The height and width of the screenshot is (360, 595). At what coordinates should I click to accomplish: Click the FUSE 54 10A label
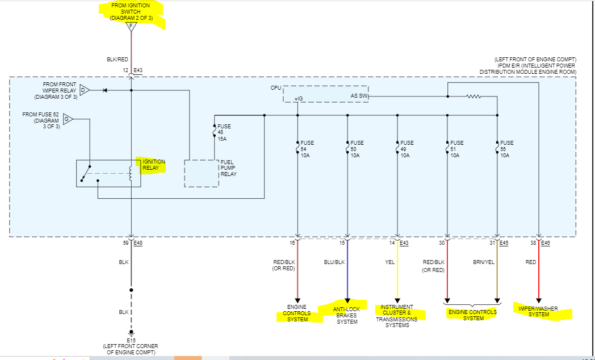click(307, 149)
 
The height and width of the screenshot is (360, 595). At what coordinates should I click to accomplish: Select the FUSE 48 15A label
click(224, 132)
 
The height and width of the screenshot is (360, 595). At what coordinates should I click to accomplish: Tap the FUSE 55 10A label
click(507, 149)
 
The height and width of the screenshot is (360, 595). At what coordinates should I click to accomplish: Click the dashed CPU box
click(326, 94)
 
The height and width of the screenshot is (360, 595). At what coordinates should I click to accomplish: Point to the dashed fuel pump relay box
click(201, 173)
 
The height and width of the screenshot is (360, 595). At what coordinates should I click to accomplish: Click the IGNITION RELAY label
click(154, 165)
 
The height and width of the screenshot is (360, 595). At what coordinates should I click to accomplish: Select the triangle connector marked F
click(131, 26)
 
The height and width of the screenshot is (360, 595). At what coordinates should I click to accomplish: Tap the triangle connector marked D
click(84, 90)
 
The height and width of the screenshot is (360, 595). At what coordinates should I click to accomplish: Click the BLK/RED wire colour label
click(118, 58)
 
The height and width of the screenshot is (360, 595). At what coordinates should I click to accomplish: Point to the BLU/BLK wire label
click(334, 262)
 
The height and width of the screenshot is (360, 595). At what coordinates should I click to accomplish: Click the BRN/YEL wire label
click(484, 262)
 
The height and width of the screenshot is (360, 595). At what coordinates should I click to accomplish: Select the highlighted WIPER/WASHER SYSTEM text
click(543, 312)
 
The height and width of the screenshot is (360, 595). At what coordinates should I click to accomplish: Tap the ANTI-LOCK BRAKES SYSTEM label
click(347, 315)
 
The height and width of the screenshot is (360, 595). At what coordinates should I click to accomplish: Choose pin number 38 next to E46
click(533, 243)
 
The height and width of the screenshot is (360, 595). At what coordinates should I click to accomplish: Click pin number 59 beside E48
click(125, 243)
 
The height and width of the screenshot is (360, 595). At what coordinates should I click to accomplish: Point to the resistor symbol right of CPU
click(474, 97)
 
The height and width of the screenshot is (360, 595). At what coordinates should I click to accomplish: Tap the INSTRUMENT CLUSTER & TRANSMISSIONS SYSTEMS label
click(397, 316)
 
